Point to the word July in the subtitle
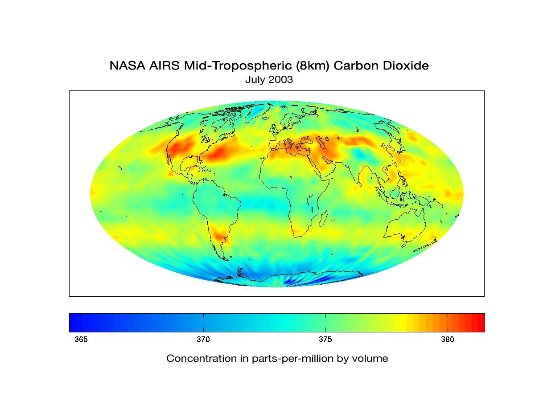(254, 80)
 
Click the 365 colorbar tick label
(81, 340)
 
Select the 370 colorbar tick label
(203, 340)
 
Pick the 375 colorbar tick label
(325, 340)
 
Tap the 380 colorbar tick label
(448, 340)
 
